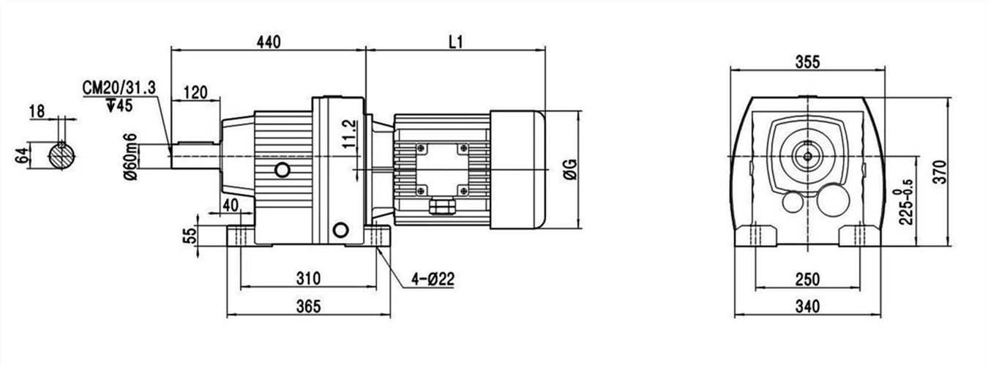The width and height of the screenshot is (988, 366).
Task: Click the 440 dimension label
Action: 269,42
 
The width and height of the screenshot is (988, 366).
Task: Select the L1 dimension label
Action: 456,42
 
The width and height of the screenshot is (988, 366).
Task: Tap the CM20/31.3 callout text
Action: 119,88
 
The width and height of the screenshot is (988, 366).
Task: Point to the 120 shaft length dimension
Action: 195,93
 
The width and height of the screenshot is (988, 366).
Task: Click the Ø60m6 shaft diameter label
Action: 131,157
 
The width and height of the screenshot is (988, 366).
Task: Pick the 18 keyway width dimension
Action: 37,111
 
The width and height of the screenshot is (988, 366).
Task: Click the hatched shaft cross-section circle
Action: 61,155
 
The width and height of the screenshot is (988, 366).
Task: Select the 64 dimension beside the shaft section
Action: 22,156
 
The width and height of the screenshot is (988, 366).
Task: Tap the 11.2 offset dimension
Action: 348,134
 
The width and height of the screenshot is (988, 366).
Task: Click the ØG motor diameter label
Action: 570,170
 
